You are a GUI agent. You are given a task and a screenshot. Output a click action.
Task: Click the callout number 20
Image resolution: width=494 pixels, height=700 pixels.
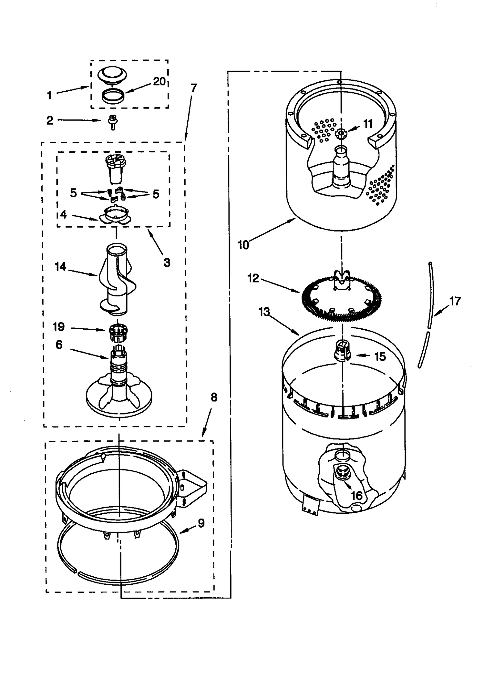pos(160,82)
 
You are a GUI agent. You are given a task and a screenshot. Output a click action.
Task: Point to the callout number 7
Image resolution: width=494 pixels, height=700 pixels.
pos(194,88)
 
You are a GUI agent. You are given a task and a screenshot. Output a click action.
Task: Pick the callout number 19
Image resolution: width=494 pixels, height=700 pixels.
pos(59,327)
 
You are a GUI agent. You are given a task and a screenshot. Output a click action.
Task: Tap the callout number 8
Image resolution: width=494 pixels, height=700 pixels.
pos(214,397)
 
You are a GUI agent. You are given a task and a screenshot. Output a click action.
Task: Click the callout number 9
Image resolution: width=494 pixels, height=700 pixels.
pos(201,523)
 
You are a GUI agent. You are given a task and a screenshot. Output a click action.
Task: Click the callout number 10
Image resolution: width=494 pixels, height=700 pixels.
pos(243,245)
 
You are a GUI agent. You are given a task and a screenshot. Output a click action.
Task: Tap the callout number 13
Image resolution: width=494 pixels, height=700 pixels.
pos(264,312)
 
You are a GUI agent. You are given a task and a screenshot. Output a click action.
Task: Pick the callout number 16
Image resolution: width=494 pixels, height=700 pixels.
pos(357,496)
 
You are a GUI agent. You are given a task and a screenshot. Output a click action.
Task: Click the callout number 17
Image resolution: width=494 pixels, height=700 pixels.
pos(455,301)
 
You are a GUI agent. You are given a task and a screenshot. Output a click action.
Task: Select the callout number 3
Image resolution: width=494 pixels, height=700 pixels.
pos(167,263)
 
